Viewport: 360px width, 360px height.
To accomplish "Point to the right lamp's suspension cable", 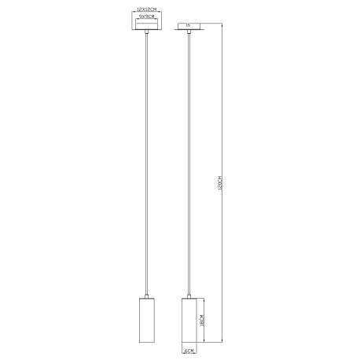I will point(189,157).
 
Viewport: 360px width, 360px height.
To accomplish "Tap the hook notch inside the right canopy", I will point(189,27).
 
